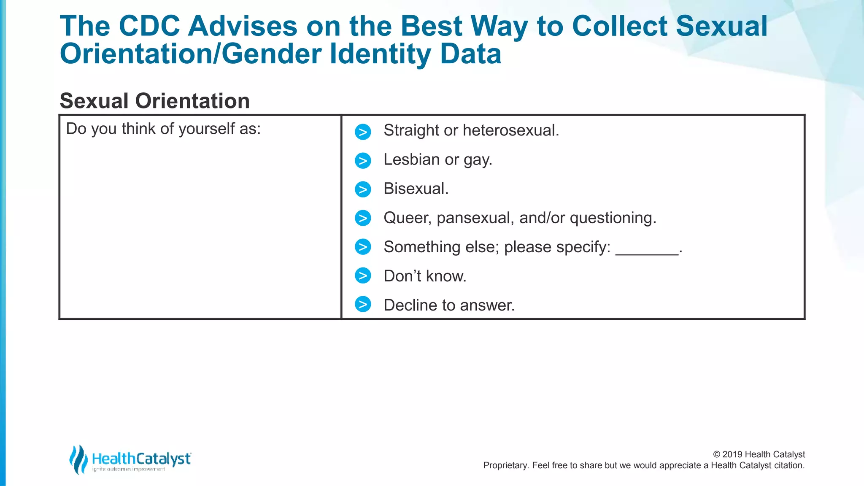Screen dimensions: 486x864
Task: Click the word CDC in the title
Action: [x=149, y=26]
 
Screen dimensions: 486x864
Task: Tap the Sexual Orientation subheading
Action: [x=155, y=101]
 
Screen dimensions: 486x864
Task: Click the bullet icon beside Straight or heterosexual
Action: [x=363, y=132]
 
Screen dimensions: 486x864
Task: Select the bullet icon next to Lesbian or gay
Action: [x=363, y=161]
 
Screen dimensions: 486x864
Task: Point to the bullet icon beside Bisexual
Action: [x=363, y=189]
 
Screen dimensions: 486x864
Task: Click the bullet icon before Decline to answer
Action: [x=363, y=304]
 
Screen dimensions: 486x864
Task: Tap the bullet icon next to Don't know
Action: [x=363, y=275]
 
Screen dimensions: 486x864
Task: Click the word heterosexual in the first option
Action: [x=510, y=130]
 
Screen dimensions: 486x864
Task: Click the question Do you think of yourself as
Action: [x=164, y=129]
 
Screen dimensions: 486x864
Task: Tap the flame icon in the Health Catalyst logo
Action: [x=78, y=459]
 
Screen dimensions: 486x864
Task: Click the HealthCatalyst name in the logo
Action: [x=141, y=459]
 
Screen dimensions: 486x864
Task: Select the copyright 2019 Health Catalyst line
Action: [x=759, y=454]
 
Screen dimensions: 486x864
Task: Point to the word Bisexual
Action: [x=416, y=189]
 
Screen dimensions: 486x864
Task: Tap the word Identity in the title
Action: [x=380, y=54]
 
